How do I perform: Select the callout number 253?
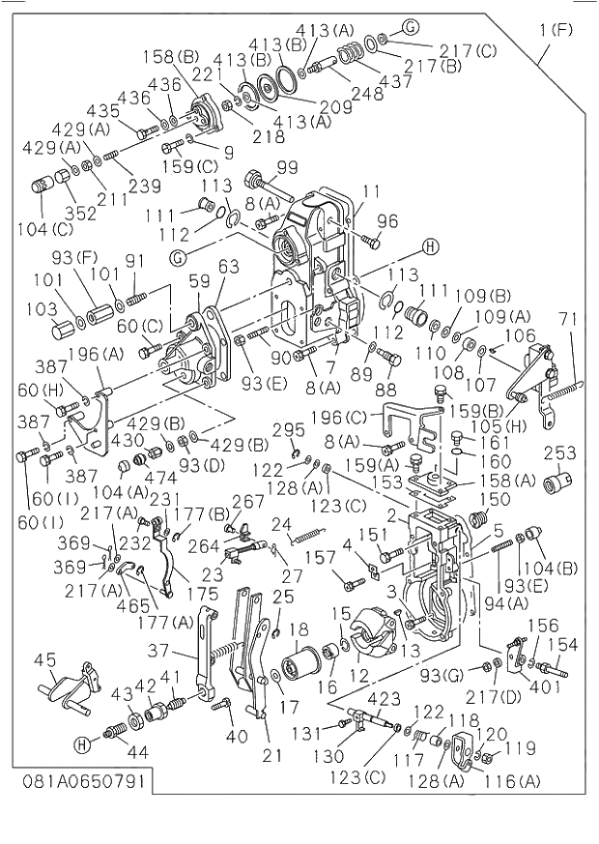pos(559,453)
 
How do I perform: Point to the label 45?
pos(45,660)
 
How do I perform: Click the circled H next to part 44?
pos(85,744)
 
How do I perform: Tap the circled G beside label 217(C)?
pos(411,26)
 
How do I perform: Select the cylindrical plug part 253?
pos(556,480)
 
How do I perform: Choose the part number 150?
pos(494,500)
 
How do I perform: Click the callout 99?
pos(287,168)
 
